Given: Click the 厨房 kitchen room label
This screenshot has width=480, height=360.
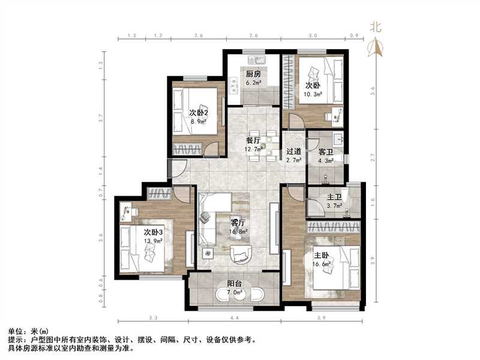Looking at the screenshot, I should pos(253,74).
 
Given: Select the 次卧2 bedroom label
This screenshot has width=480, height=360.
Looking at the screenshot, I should pos(198,112).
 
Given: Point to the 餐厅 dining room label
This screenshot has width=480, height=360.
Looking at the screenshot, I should pos(253,140).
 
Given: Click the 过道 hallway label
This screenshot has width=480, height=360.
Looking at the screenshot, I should pos(293,152).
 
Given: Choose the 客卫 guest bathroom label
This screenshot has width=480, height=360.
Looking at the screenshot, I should pos(326,152).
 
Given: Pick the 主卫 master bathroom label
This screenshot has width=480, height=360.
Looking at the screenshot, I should pos(334,197).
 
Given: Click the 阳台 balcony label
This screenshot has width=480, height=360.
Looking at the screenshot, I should pos(235,284).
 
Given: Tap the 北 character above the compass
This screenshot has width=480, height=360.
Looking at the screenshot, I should pos(376,26).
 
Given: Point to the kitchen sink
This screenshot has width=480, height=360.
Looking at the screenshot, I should pos(260,61).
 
